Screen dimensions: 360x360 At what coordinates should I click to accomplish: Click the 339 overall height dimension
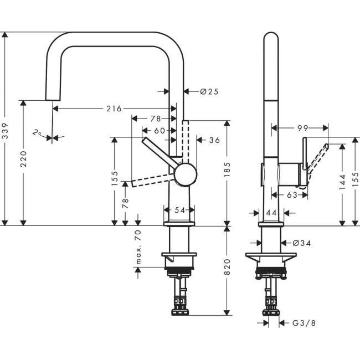tap(6, 130)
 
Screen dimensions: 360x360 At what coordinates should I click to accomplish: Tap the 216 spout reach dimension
tap(114, 109)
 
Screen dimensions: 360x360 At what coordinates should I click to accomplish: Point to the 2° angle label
tap(37, 133)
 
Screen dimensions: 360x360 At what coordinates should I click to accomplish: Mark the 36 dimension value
tap(214, 140)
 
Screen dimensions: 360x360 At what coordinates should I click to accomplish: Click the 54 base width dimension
tap(179, 210)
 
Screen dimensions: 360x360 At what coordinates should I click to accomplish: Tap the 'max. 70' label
tap(138, 247)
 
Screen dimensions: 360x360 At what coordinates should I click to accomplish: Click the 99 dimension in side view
tap(302, 128)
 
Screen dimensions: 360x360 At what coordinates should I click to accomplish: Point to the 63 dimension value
tap(292, 195)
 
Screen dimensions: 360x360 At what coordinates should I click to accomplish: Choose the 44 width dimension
tap(271, 212)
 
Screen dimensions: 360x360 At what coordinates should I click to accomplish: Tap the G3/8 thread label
tap(301, 322)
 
